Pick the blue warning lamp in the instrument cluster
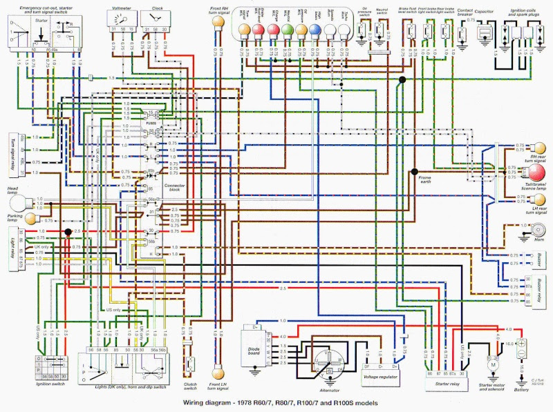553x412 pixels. [x=315, y=30]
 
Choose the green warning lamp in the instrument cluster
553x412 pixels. [x=272, y=30]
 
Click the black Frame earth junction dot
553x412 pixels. [x=414, y=171]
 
